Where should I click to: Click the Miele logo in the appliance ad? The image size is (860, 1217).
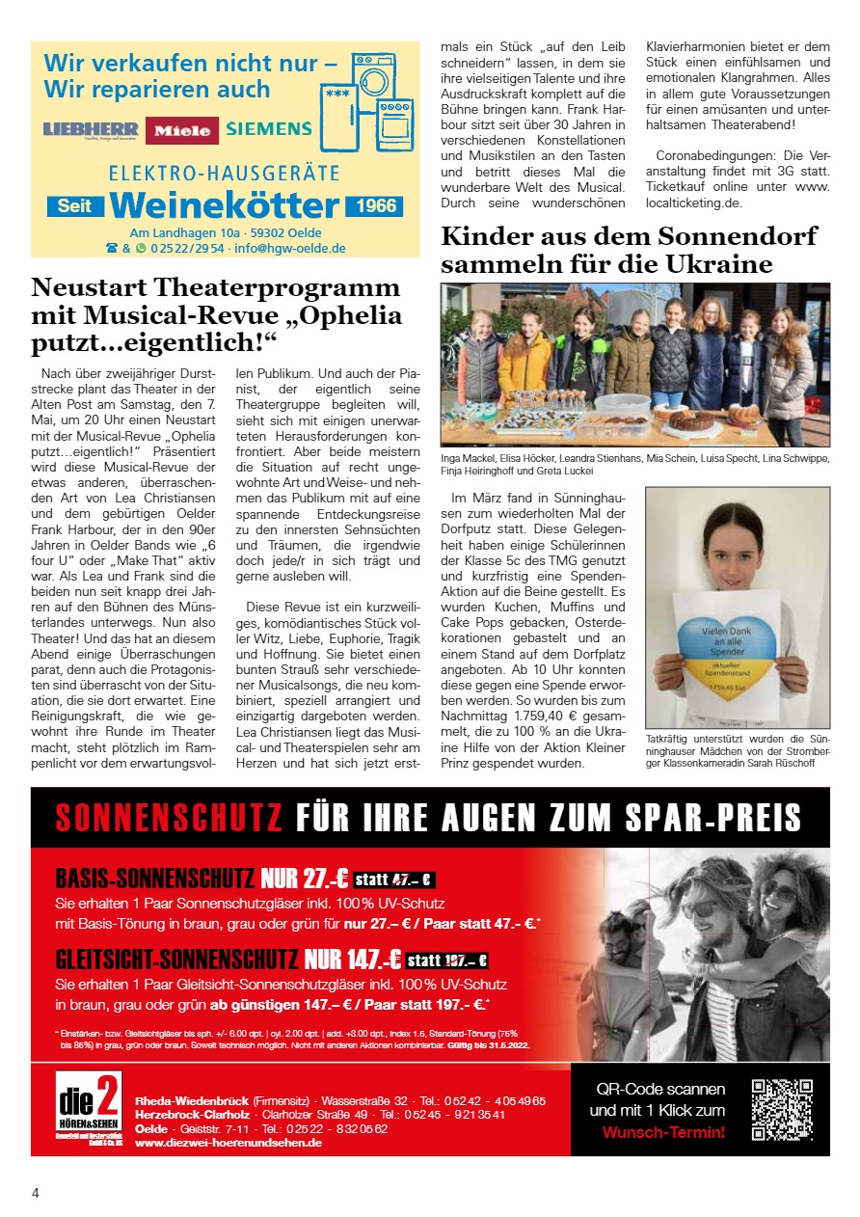181,130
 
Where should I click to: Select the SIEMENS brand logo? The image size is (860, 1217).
269,128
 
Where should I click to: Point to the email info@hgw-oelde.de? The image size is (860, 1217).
290,248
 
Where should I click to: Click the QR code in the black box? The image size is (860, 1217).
782,1109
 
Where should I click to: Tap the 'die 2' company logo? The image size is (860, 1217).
88,1108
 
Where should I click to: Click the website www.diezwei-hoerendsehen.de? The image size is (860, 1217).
228,1142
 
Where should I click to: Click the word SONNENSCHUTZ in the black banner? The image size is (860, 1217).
169,818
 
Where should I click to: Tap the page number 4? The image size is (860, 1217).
36,1193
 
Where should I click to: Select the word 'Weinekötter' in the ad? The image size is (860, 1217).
224,205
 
